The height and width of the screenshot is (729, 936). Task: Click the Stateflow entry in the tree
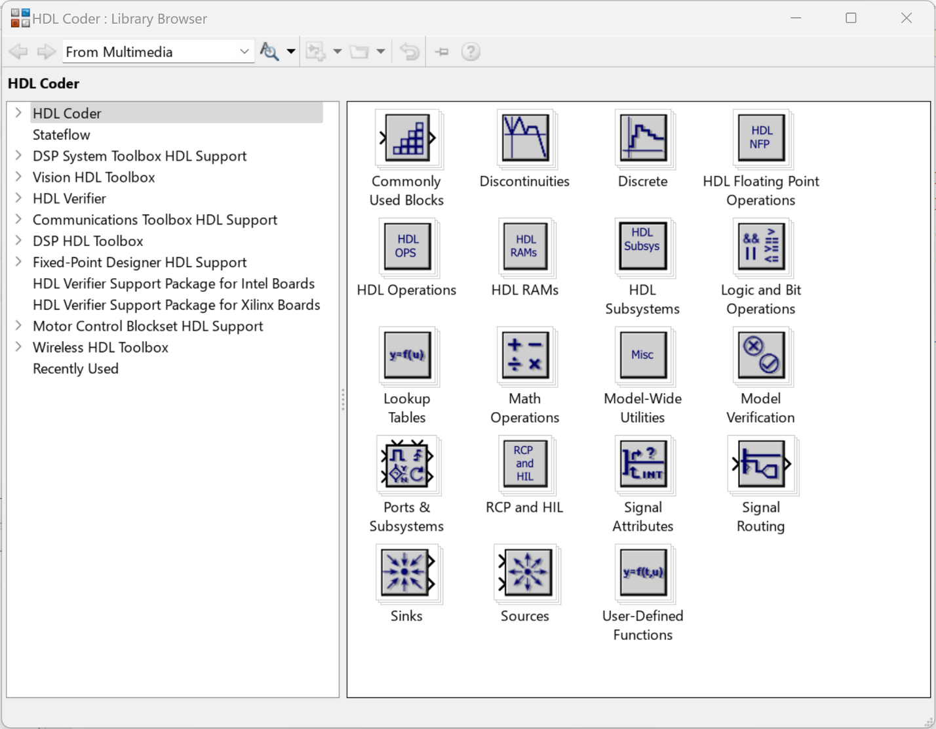tap(61, 135)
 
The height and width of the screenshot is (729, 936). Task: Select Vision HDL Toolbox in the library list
tap(94, 178)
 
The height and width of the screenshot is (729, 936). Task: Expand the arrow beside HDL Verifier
tap(18, 198)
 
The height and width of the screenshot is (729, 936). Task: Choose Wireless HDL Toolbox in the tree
tap(100, 348)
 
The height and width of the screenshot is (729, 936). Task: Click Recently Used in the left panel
tap(75, 369)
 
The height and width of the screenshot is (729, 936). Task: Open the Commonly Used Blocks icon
tap(407, 138)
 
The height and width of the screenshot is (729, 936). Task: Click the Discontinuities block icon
tap(525, 138)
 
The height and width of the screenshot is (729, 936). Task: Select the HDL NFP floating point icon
tap(760, 138)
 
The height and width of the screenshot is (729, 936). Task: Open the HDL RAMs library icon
tap(525, 247)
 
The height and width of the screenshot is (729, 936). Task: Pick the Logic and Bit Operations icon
tap(760, 247)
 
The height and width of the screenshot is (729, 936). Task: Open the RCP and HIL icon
tap(525, 464)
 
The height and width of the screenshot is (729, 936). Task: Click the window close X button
tap(906, 18)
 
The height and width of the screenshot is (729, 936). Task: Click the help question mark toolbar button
tap(471, 52)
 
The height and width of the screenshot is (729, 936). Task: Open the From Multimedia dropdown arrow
tap(244, 52)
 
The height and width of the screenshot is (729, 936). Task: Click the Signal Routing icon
tap(760, 464)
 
